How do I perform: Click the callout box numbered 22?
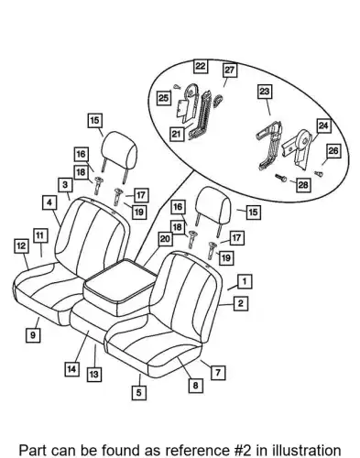tap(201, 66)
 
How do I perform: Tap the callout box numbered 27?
tap(229, 71)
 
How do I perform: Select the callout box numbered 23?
tap(265, 92)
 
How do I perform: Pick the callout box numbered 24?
tap(323, 125)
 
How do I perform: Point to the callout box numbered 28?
tap(303, 185)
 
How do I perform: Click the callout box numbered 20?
tap(165, 239)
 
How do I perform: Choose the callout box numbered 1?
tap(245, 281)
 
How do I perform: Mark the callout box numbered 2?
tap(241, 303)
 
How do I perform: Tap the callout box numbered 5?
tap(139, 392)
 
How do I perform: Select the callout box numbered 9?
tap(33, 335)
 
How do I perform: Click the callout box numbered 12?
tap(21, 246)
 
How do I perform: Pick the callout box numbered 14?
tap(71, 369)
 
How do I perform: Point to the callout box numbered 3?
tap(65, 185)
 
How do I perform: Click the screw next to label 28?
tap(280, 178)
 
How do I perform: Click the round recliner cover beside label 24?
tap(303, 140)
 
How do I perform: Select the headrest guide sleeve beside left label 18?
tap(98, 185)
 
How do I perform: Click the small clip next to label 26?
tap(319, 174)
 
